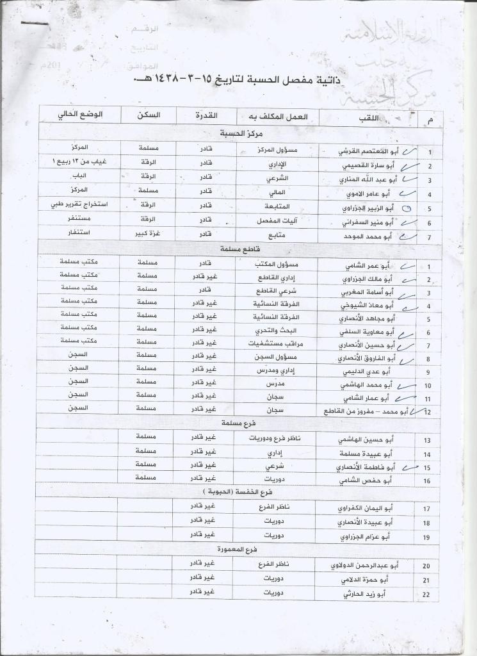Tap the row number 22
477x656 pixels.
[x=427, y=595]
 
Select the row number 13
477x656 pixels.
[x=427, y=441]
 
